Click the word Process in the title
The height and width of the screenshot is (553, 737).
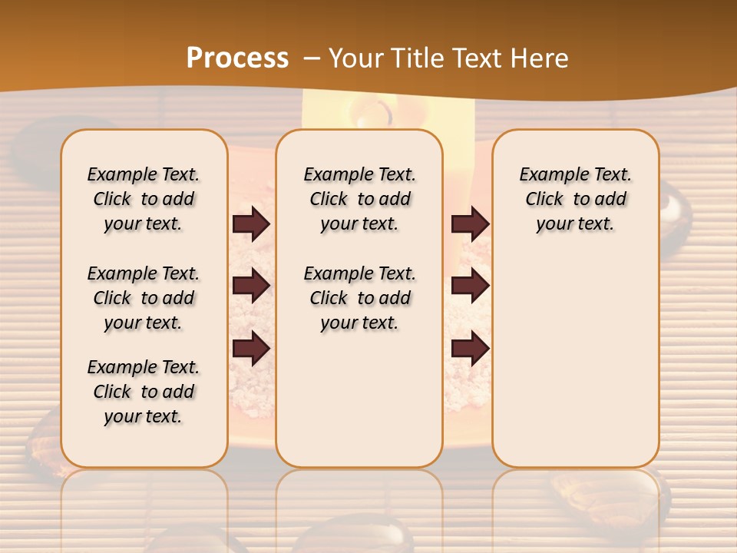tap(237, 58)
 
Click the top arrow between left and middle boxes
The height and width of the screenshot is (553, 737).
tap(251, 224)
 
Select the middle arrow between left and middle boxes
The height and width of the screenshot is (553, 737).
tap(251, 286)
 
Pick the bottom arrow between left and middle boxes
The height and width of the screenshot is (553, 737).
tap(251, 349)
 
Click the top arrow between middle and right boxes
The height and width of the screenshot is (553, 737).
tap(470, 224)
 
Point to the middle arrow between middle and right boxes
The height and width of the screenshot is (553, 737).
tap(470, 286)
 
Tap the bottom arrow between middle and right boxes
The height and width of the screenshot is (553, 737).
tap(470, 349)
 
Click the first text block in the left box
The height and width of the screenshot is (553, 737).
tap(144, 199)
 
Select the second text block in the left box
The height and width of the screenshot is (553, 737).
tap(144, 298)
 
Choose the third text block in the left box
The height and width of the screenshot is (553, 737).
tap(144, 392)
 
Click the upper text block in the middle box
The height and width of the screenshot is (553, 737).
tap(359, 199)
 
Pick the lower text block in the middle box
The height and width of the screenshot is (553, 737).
tap(359, 298)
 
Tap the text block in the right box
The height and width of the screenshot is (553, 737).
tap(575, 199)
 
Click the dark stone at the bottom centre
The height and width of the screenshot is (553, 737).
tap(353, 534)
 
